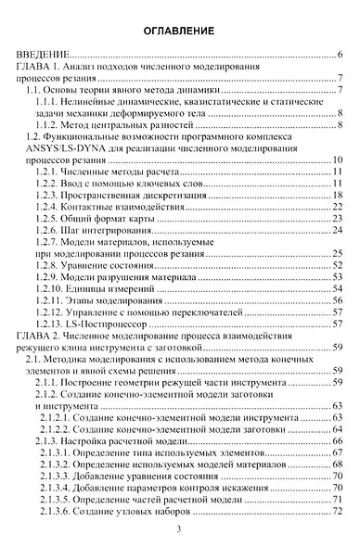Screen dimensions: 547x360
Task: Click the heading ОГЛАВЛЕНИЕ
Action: coord(180,32)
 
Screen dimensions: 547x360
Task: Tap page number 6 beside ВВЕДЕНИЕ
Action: coord(342,56)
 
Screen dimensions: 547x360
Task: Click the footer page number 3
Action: coord(180,530)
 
